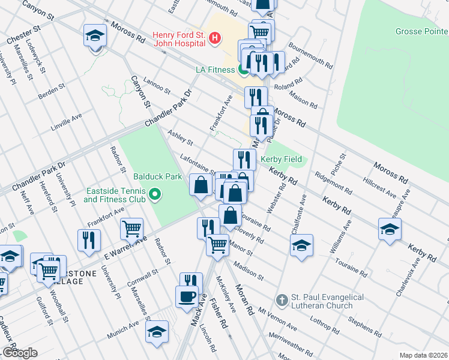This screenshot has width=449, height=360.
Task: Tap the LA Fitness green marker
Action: (243, 70)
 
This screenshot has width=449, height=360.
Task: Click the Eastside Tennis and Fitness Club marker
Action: (155, 194)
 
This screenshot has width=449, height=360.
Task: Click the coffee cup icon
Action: (186, 296)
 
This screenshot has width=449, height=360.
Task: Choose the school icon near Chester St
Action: (95, 35)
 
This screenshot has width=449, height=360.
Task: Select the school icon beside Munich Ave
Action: (157, 331)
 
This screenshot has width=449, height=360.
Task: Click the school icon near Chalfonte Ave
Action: (301, 244)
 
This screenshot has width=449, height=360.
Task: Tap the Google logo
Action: (20, 353)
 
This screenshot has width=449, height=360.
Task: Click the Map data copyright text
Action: (423, 355)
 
